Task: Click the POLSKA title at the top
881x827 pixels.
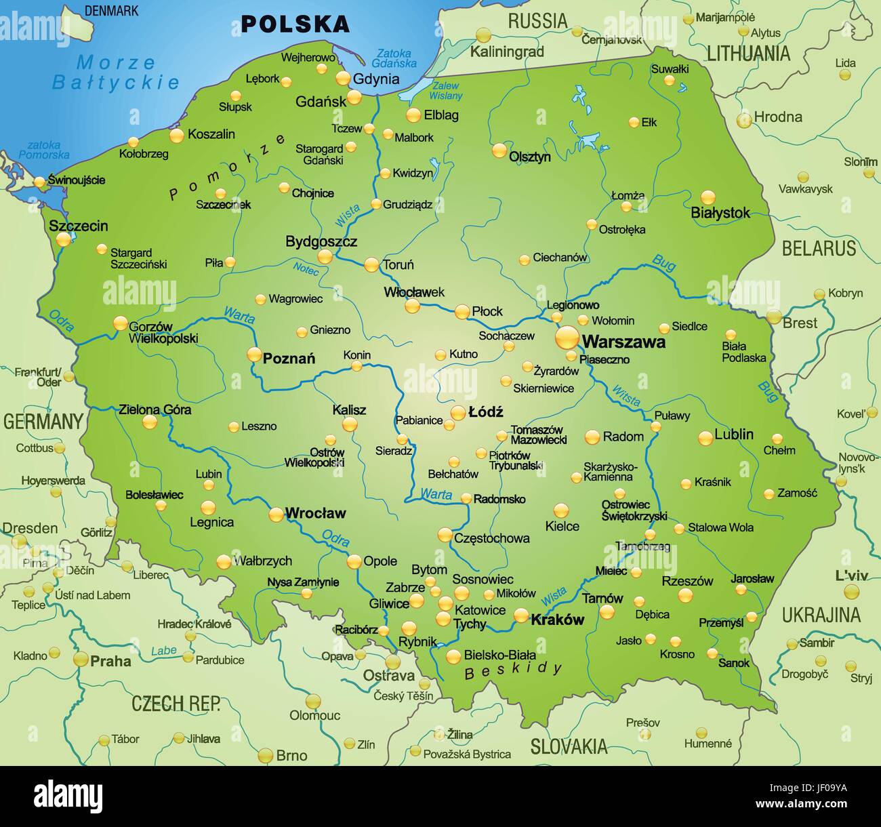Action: click(x=295, y=24)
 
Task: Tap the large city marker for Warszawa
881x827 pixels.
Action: click(x=567, y=338)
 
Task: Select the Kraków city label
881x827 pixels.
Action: click(x=557, y=620)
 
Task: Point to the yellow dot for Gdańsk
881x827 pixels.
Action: click(x=354, y=99)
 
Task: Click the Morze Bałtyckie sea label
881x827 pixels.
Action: click(x=116, y=73)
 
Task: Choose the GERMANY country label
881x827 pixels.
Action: click(x=43, y=422)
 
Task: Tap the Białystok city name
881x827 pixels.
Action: click(x=720, y=213)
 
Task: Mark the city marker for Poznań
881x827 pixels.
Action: click(x=254, y=354)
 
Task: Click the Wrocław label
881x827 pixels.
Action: click(x=315, y=513)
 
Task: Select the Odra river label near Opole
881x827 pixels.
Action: click(x=335, y=538)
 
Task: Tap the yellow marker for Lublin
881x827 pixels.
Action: click(x=705, y=438)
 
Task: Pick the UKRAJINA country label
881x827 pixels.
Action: click(x=821, y=615)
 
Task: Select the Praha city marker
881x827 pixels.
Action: click(x=81, y=659)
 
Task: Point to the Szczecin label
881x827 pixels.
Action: click(x=79, y=226)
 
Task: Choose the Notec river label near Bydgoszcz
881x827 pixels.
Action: click(x=306, y=269)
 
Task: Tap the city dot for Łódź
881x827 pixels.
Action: click(x=458, y=412)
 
